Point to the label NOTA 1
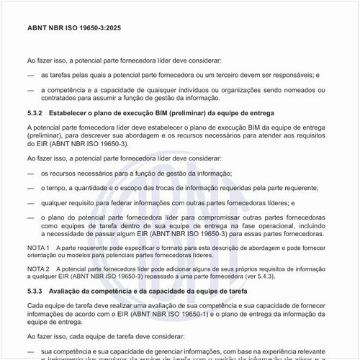point(37,247)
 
